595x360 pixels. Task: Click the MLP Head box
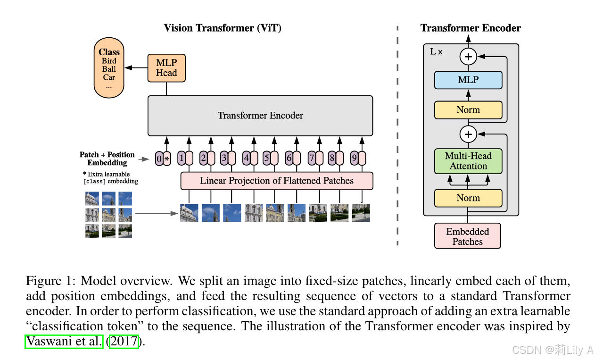coord(166,68)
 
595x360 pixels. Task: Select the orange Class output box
coord(109,68)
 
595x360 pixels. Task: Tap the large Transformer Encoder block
coord(260,116)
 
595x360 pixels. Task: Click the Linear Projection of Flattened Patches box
coord(277,181)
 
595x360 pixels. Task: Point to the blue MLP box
coord(468,80)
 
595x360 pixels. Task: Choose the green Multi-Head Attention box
coord(468,161)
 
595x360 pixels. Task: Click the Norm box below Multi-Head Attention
coord(468,198)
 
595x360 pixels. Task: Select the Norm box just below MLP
coord(468,110)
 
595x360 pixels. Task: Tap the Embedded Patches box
coord(468,236)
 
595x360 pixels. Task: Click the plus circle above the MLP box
coord(468,57)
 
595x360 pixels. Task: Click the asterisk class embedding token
coord(166,159)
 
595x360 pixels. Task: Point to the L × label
coord(437,51)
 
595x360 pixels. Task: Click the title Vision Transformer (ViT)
coord(223,28)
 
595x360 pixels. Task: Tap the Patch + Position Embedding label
coord(107,159)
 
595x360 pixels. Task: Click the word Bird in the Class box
coord(109,61)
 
